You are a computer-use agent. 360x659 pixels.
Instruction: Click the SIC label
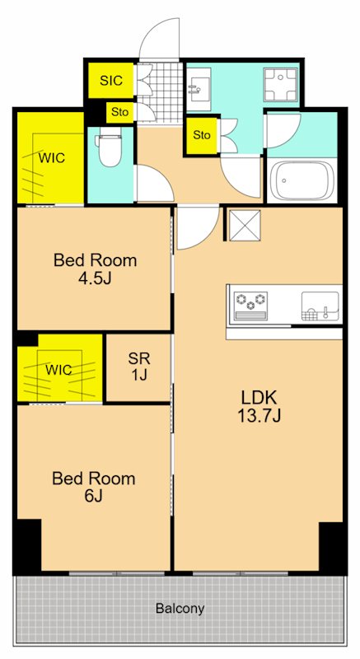[111, 80]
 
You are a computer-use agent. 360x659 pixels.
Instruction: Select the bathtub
[302, 181]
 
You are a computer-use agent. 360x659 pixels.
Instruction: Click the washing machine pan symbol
[280, 85]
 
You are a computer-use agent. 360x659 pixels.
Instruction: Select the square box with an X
[245, 226]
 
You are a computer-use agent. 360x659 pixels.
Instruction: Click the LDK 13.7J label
[259, 405]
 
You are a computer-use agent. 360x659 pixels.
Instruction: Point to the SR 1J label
[139, 366]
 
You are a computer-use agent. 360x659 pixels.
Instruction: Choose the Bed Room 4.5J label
[95, 269]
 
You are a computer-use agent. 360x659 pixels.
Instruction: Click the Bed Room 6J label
[94, 487]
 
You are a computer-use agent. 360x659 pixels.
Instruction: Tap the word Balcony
[180, 608]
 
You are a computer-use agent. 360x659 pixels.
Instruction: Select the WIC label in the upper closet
[52, 158]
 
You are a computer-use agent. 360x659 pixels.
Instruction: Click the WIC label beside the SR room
[58, 370]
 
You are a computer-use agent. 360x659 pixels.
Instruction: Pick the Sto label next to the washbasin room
[202, 135]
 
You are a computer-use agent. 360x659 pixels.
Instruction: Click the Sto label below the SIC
[119, 113]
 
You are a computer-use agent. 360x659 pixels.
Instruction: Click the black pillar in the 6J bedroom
[29, 545]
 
